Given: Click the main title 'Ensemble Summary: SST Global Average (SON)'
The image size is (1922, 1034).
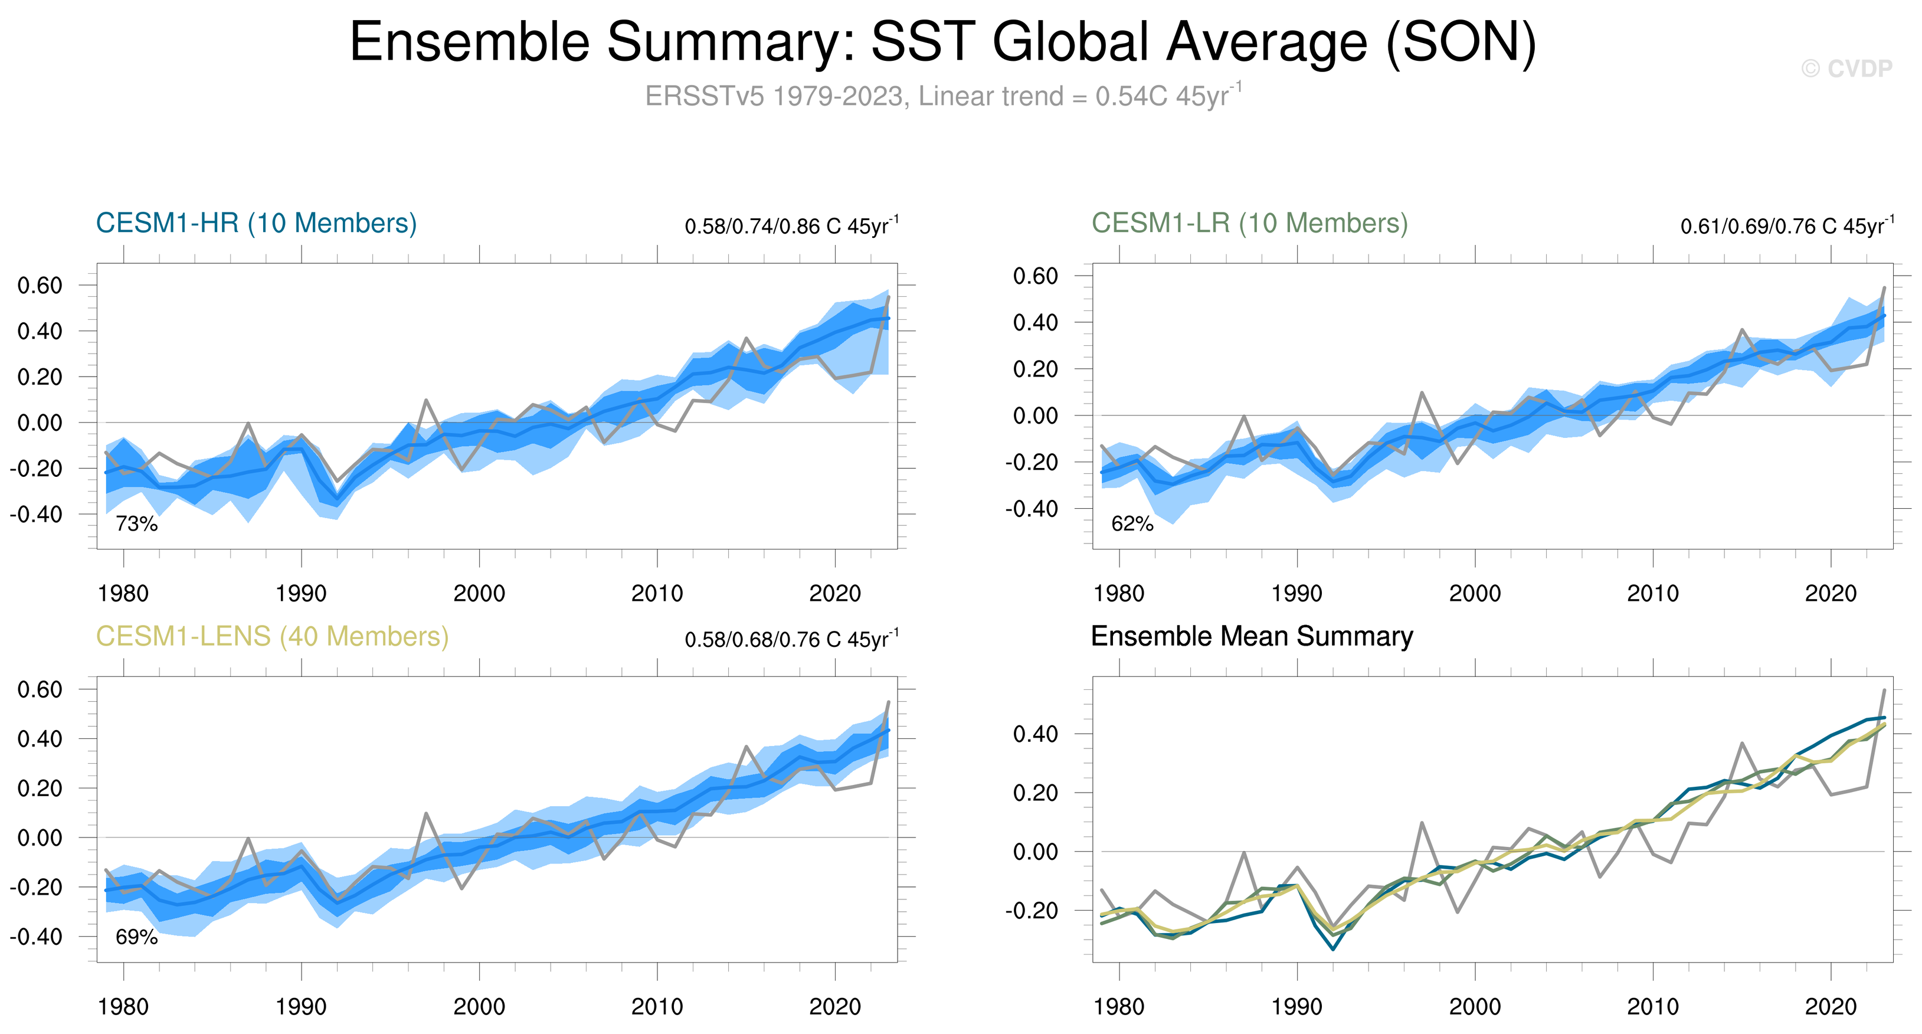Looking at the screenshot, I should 942,42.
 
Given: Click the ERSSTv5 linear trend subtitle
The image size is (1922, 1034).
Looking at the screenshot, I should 942,96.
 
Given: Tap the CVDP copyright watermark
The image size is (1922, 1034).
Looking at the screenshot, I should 1846,68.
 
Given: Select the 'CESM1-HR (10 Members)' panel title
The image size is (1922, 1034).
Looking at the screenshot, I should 256,223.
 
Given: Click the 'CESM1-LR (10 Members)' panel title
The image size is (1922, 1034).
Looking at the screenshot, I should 1249,223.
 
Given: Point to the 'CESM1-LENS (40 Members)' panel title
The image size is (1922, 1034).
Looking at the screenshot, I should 272,636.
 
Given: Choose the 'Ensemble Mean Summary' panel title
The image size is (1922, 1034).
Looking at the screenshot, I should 1251,636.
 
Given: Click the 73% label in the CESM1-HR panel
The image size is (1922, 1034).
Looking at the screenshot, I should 136,523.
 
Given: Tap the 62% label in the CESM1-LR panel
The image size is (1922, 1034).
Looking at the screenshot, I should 1132,523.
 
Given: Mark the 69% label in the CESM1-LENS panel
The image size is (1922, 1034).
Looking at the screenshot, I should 136,937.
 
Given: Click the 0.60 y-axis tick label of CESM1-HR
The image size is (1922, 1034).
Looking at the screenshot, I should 40,285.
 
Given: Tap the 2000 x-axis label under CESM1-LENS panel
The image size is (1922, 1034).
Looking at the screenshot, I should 479,1007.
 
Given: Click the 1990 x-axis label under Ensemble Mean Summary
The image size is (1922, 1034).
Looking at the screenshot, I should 1296,1007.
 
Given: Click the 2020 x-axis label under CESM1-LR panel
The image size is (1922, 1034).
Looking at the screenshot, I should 1830,594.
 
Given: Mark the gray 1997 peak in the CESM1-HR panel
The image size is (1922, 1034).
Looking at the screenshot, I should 426,401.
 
